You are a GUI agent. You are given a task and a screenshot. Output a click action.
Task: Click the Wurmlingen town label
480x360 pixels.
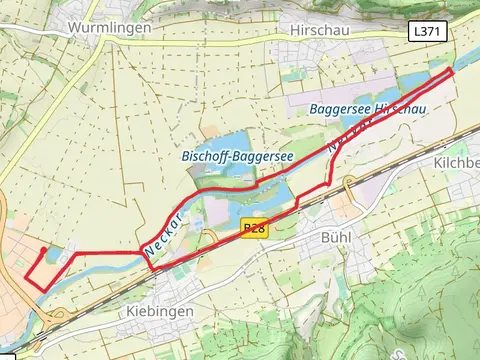[109, 28]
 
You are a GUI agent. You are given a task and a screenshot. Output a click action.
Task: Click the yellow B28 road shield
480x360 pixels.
[254, 229]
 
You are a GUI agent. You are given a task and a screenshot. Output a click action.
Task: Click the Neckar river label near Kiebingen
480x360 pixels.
[163, 233]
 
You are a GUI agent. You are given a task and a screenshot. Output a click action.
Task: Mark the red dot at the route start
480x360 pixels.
[44, 250]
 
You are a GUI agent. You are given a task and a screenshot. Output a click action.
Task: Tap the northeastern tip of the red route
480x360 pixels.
[452, 70]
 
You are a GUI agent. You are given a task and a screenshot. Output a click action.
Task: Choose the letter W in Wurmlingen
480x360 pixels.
[74, 28]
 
